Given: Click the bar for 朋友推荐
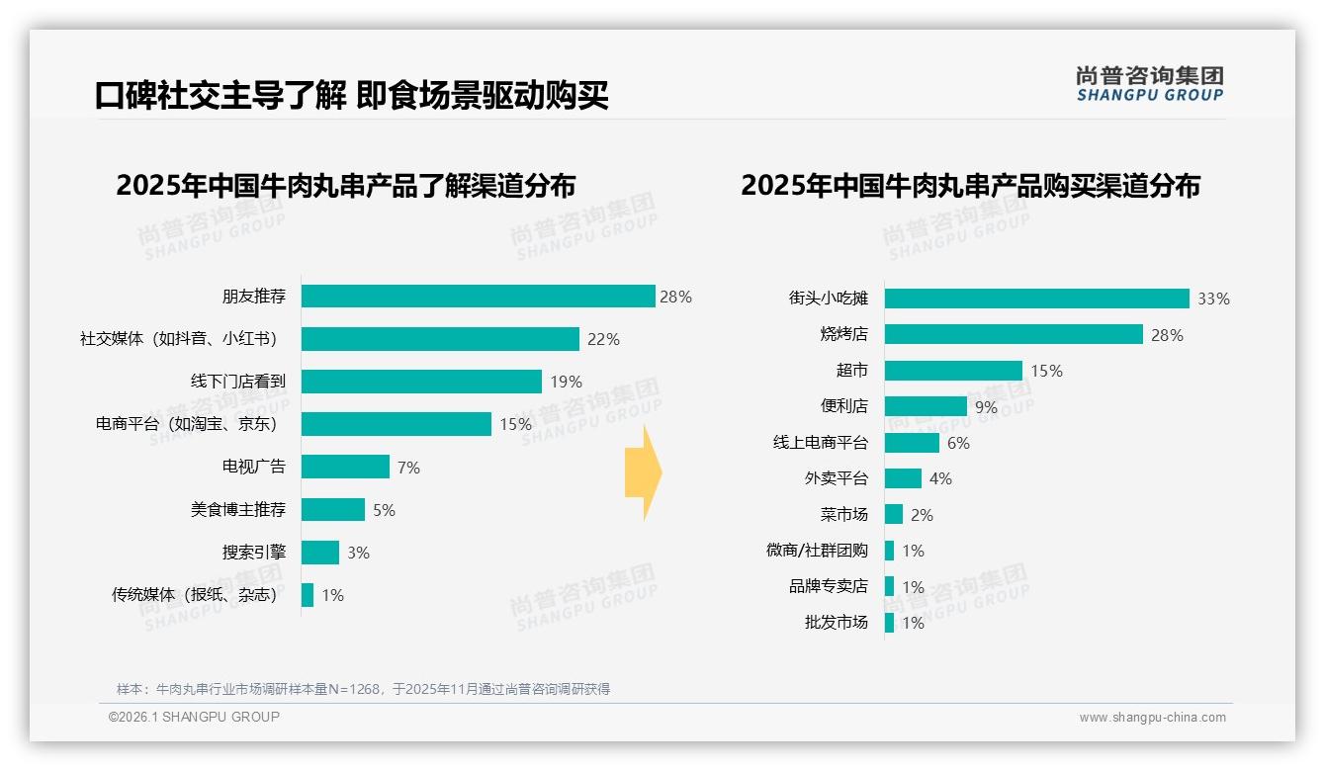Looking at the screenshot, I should click(x=478, y=297).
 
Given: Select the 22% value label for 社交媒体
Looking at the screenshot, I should click(x=603, y=339).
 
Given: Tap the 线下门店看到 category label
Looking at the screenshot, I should click(x=237, y=382).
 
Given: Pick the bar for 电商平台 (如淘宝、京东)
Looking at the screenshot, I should click(x=396, y=424).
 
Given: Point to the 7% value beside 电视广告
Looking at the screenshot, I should click(x=408, y=468).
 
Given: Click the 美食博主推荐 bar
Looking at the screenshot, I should click(x=332, y=510).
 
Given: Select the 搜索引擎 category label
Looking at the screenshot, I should click(x=253, y=553).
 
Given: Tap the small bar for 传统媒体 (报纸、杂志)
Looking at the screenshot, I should click(x=308, y=595).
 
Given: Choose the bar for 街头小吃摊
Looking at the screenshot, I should click(x=1036, y=299).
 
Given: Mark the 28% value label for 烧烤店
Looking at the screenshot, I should click(x=1167, y=335).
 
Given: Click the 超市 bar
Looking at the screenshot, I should click(x=953, y=371).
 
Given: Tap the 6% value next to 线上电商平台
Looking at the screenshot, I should click(x=958, y=443).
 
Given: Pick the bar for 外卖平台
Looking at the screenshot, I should click(x=903, y=478).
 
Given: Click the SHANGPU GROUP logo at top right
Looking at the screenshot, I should click(x=1149, y=84).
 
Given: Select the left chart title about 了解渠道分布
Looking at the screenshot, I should click(x=345, y=186).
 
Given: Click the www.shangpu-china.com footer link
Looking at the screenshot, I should click(x=1152, y=718).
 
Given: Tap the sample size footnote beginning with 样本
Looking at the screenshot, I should click(x=363, y=689).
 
